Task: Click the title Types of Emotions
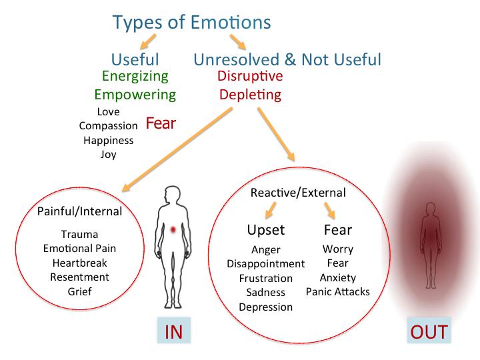tap(192, 23)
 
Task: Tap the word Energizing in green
tap(135, 76)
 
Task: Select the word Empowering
tap(135, 95)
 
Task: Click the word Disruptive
tap(250, 76)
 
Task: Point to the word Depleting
tap(251, 95)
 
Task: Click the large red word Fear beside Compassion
tap(161, 123)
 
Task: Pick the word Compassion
tap(109, 126)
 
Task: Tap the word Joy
tap(109, 154)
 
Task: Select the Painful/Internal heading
tap(79, 211)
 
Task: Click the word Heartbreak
tap(79, 263)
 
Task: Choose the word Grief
tap(79, 291)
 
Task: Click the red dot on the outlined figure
tap(173, 229)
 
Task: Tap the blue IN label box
tap(174, 330)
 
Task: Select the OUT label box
tap(429, 330)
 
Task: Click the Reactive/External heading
tap(298, 193)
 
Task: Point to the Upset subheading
tap(266, 230)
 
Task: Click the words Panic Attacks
tap(337, 291)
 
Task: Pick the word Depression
tap(266, 307)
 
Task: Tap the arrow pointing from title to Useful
tap(148, 41)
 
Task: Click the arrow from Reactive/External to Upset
tap(271, 210)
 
